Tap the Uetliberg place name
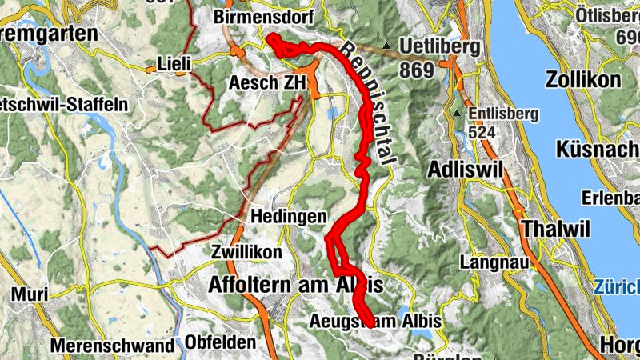tap(442, 46)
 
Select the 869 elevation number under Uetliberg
tap(416, 70)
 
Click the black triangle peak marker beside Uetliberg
tap(386, 46)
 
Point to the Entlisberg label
tap(504, 113)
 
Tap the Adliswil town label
tap(468, 170)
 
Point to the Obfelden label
tap(220, 342)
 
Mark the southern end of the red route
tap(367, 322)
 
